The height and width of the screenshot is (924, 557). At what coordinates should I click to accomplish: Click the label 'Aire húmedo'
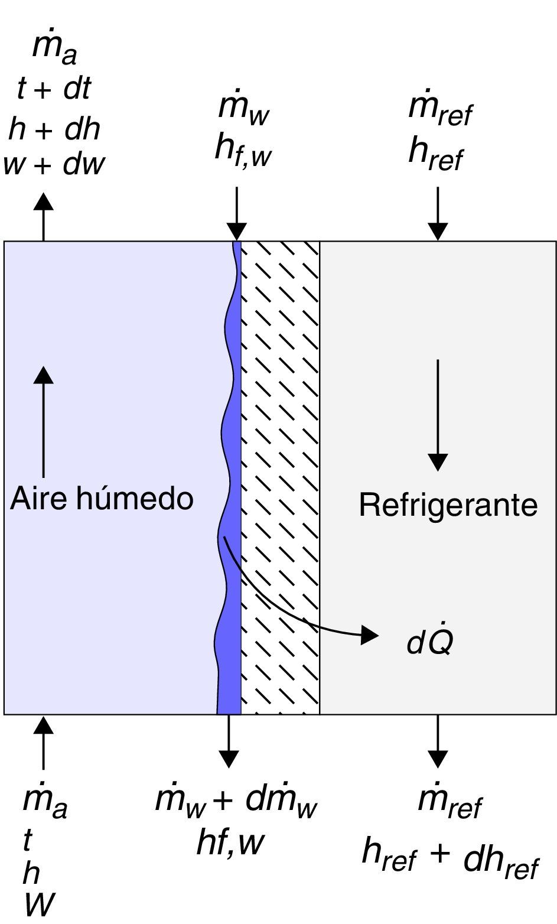(102, 499)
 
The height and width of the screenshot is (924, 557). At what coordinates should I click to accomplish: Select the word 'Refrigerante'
(448, 506)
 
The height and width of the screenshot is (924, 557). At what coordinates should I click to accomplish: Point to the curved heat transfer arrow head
(370, 635)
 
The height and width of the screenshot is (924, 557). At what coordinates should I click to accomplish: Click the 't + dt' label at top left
(54, 89)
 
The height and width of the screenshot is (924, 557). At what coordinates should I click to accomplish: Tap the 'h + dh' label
(54, 129)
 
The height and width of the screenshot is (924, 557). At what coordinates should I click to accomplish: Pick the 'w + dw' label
(54, 164)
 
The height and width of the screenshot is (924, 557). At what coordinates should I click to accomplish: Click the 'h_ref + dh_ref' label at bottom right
(449, 867)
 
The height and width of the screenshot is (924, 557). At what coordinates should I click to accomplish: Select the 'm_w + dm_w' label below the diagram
(236, 800)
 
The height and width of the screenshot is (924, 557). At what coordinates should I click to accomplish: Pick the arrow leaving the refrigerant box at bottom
(438, 741)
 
